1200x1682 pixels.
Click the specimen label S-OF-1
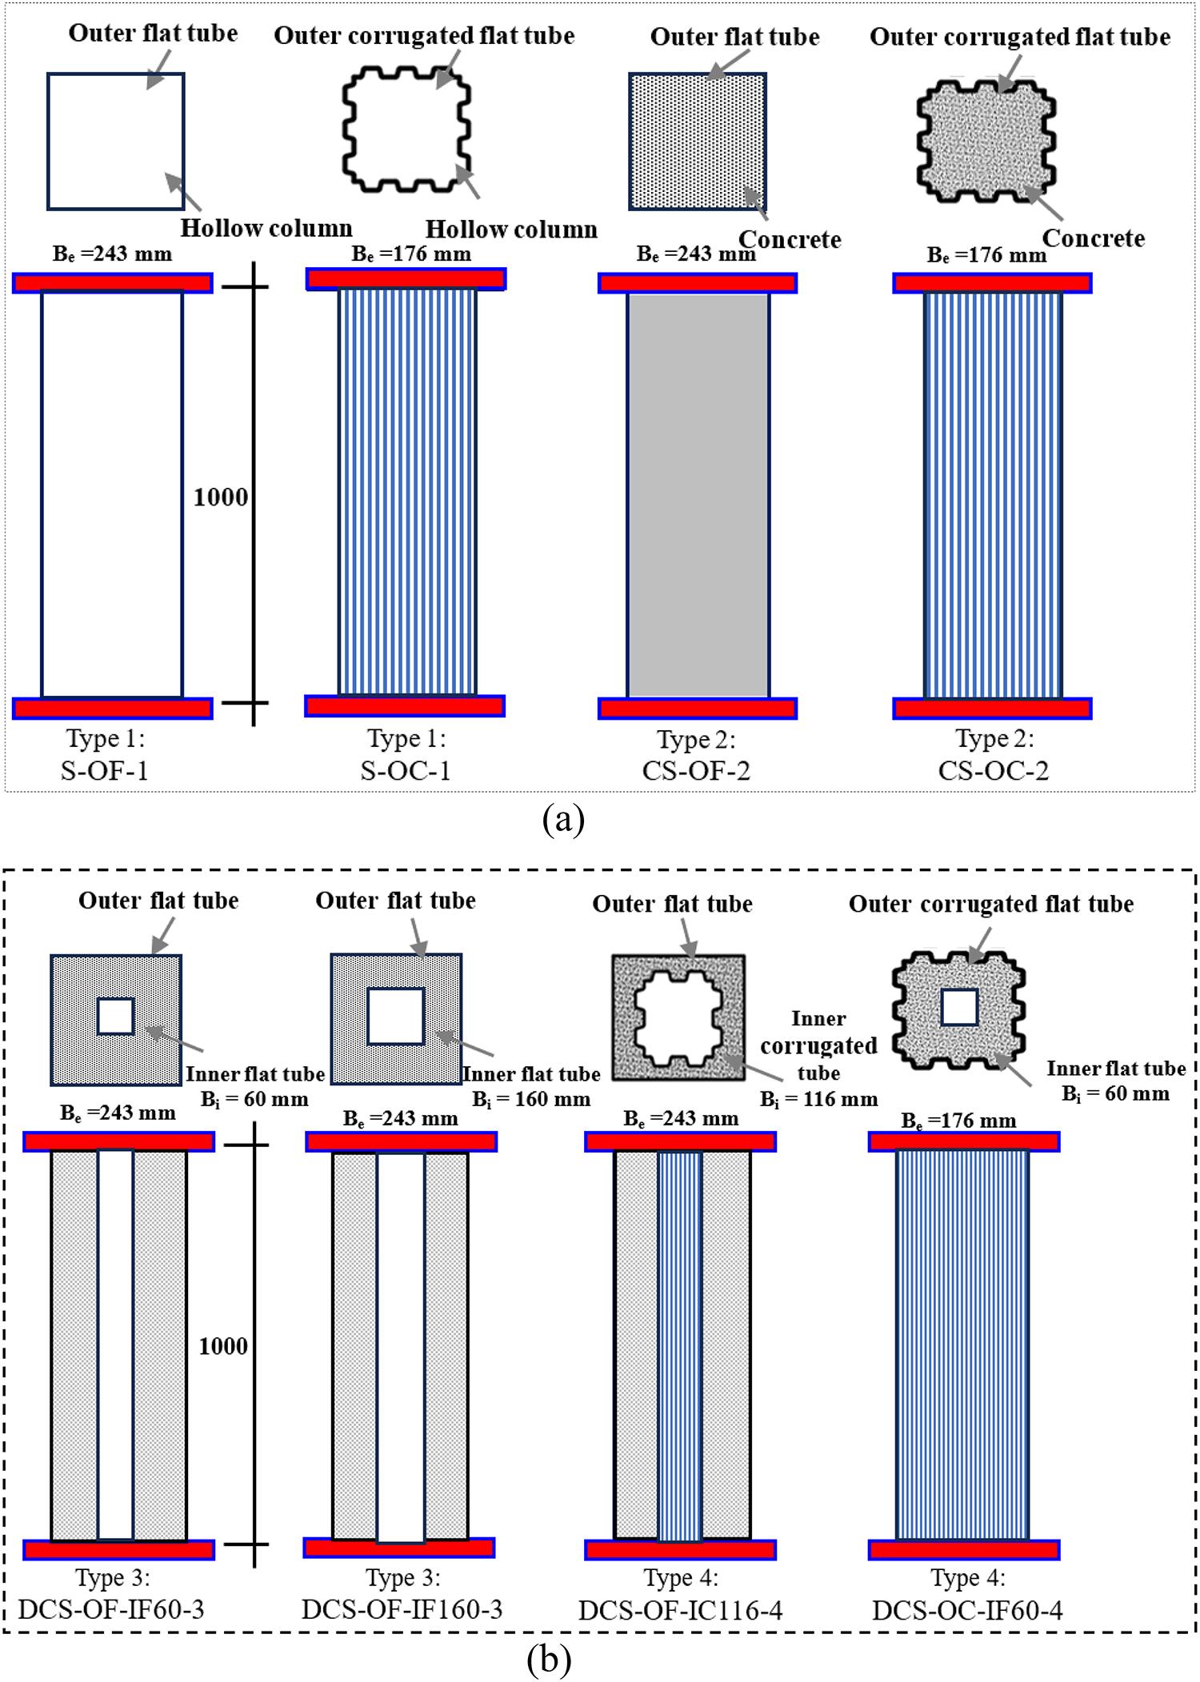click(105, 770)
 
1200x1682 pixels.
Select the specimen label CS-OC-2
click(993, 770)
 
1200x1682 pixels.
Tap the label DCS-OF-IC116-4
click(680, 1610)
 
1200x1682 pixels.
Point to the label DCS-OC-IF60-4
click(967, 1610)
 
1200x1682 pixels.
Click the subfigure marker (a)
click(563, 820)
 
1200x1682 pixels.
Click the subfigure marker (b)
click(549, 1660)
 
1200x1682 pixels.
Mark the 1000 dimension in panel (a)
click(221, 497)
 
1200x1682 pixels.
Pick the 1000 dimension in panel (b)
click(223, 1346)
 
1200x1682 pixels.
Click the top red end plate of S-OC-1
click(406, 278)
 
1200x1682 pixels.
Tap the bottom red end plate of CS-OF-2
click(698, 709)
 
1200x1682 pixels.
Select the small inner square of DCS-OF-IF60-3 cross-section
click(115, 1017)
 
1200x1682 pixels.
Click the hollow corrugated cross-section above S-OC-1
click(406, 130)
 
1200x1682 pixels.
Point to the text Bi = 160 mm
click(530, 1100)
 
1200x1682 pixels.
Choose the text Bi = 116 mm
click(818, 1100)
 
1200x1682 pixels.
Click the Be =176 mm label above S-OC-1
click(411, 254)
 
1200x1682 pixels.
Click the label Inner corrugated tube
click(818, 1045)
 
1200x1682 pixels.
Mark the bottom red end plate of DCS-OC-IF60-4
click(964, 1550)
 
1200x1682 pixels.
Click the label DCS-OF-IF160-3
click(402, 1609)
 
